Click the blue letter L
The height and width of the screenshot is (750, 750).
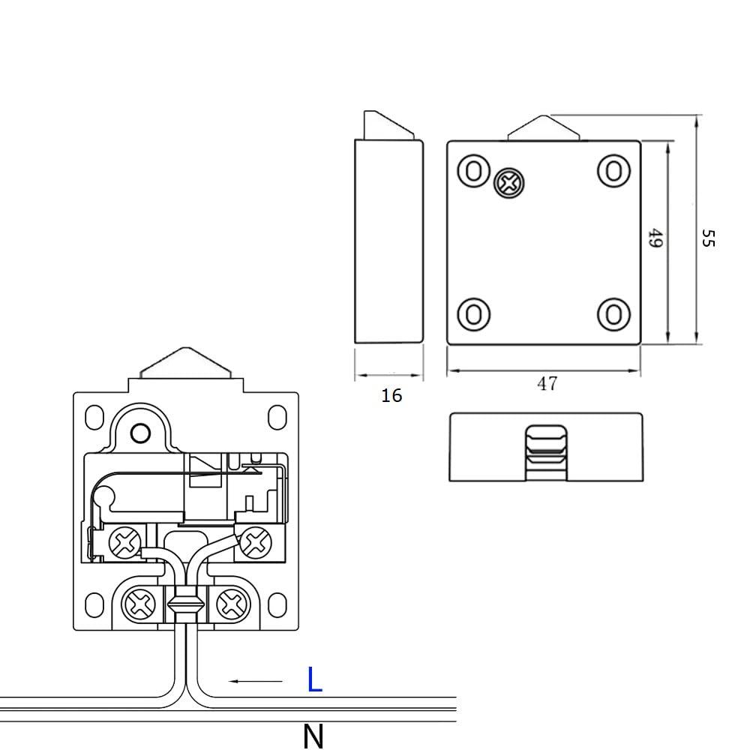click(314, 679)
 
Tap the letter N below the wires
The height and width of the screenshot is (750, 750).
click(313, 736)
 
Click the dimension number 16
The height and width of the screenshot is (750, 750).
click(391, 395)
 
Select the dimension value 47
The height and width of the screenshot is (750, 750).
click(547, 383)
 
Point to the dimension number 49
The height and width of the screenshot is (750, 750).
click(655, 238)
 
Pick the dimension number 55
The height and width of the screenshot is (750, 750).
click(708, 238)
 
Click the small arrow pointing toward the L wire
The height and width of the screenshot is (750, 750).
click(256, 681)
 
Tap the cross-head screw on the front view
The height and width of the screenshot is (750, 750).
click(509, 183)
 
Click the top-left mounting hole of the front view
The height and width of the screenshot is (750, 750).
click(474, 171)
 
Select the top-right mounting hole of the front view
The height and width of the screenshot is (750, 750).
click(613, 171)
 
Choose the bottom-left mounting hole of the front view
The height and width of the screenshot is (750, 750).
click(474, 315)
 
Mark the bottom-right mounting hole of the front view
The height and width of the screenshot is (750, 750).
click(613, 315)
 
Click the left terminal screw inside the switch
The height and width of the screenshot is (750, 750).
click(125, 542)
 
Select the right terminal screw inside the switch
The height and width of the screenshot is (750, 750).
click(256, 542)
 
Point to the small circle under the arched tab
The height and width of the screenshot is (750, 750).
click(141, 433)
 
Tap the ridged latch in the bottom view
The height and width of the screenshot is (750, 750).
click(546, 452)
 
